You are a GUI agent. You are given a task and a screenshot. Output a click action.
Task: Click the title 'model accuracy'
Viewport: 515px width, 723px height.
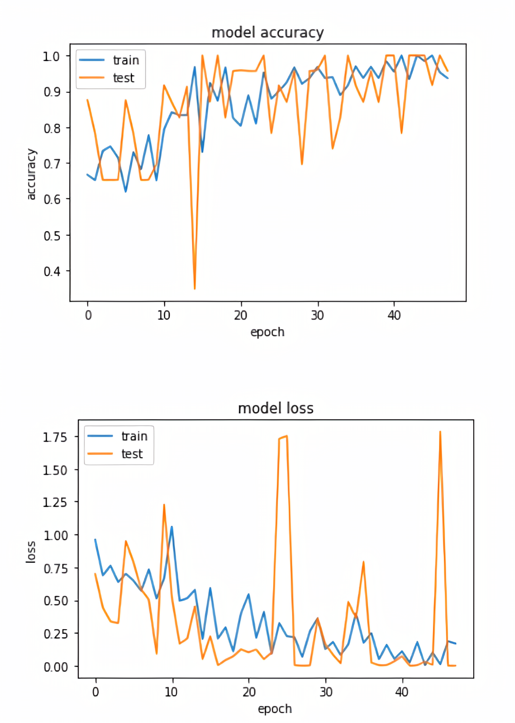[267, 33]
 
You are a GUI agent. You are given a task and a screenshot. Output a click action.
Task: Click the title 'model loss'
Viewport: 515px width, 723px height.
[276, 408]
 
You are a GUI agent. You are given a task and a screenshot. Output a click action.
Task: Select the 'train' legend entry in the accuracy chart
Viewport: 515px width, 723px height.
[126, 61]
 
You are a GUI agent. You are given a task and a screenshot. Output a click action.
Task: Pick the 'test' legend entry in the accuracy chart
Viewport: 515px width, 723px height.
[123, 78]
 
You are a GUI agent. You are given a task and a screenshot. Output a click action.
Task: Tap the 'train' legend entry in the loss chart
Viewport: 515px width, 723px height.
[134, 436]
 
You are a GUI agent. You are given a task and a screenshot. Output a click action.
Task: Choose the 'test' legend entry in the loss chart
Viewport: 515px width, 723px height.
[132, 454]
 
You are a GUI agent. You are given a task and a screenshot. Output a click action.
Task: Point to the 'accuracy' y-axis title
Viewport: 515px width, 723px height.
[31, 174]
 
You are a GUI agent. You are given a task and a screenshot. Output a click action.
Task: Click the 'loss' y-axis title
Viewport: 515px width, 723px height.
[31, 552]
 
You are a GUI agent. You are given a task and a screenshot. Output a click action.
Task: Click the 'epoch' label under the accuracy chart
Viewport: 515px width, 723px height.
[267, 332]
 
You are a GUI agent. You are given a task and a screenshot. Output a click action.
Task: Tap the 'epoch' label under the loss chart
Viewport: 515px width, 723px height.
[275, 709]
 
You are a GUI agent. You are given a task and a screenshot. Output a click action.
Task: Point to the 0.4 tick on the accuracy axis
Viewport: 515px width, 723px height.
[52, 271]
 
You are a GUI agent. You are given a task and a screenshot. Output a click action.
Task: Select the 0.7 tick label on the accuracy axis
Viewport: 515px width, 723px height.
[52, 164]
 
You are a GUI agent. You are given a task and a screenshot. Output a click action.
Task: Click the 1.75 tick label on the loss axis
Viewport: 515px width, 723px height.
[55, 437]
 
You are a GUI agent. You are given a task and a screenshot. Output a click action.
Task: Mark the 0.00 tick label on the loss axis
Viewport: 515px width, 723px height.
[55, 667]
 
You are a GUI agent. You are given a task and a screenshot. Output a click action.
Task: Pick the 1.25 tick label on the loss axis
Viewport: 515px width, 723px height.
[55, 502]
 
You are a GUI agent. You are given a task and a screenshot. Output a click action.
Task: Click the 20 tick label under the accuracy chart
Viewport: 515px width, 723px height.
[241, 316]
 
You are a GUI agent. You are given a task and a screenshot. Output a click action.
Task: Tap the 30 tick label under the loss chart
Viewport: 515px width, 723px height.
[326, 692]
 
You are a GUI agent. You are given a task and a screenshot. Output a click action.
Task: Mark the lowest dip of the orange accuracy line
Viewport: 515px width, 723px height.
[195, 288]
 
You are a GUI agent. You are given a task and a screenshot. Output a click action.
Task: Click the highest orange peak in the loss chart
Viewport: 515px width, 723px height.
[440, 432]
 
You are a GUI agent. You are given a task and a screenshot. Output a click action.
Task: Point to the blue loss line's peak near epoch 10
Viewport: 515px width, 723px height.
[172, 526]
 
